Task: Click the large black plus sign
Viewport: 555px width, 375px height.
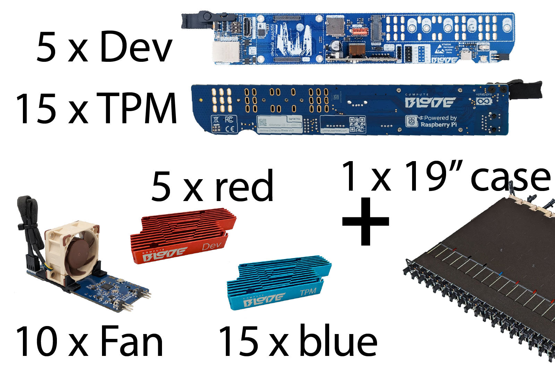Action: pos(366,221)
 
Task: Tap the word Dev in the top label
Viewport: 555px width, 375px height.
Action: pos(136,48)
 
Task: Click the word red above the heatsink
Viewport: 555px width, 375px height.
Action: pos(244,186)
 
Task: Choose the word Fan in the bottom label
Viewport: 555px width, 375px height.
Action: pos(131,342)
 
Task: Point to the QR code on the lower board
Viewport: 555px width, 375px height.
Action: pos(357,124)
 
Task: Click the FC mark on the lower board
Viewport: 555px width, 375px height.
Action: pos(229,120)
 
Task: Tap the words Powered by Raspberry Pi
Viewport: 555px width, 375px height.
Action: pos(438,121)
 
